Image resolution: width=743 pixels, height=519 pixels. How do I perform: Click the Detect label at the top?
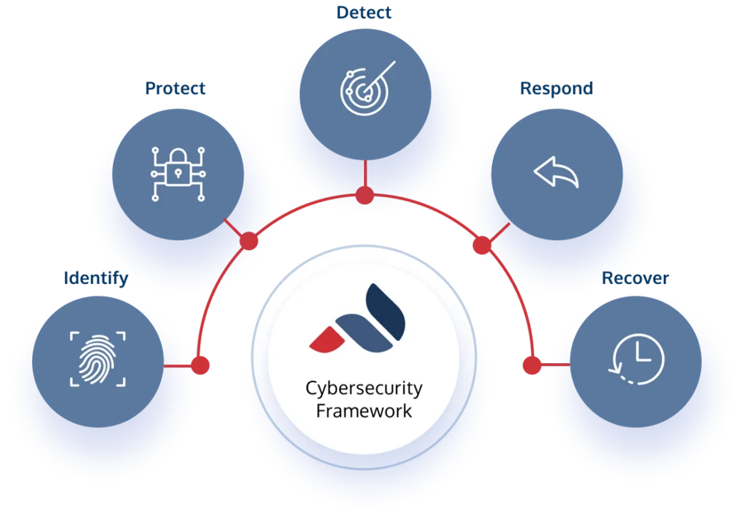pos(364,12)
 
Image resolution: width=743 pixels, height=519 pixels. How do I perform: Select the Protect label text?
pos(175,87)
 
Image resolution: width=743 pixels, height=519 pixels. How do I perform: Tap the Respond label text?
pos(556,87)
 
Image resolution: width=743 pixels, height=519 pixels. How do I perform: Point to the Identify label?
pos(96,278)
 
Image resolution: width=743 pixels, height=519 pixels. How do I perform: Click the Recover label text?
pos(635,277)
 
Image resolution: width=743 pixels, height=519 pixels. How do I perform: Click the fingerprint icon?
pos(97,359)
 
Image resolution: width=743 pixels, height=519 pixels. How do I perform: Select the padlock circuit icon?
pos(177,173)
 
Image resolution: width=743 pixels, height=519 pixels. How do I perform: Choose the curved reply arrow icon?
pos(556,173)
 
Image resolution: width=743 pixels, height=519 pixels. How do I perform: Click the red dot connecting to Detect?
pos(364,196)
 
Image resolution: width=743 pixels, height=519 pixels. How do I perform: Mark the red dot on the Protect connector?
pos(248,240)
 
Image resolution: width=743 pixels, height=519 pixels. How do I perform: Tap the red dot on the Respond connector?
pos(481,245)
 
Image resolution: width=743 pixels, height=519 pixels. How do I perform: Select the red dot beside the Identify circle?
pos(200,364)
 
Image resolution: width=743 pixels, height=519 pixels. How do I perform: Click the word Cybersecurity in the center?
pos(364,388)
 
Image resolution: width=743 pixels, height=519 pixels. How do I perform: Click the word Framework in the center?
pos(364,410)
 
